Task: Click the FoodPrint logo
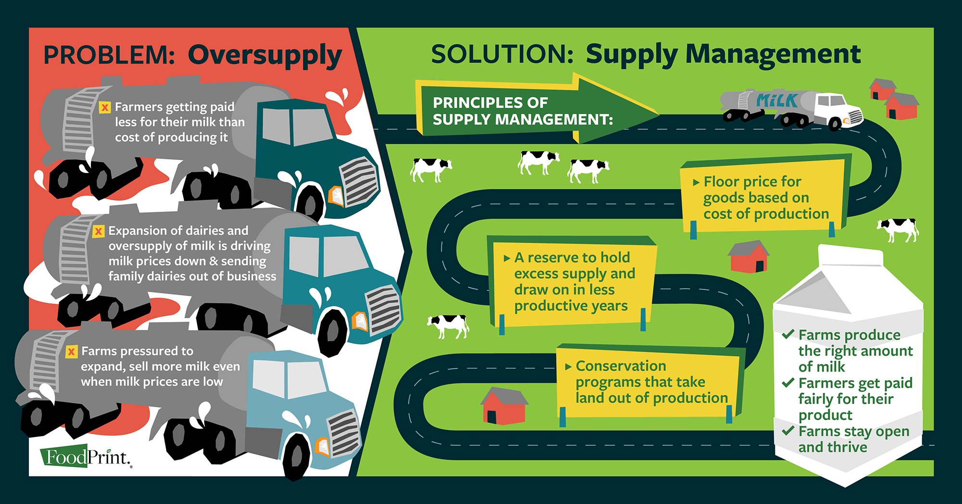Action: pos(86,456)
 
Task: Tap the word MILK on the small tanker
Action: pos(777,101)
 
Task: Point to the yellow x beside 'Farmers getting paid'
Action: pos(105,107)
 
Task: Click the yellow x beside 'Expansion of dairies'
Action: pos(99,232)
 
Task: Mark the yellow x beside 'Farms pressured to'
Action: pos(71,352)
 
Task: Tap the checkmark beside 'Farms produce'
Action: pos(788,334)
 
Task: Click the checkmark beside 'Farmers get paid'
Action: pos(788,383)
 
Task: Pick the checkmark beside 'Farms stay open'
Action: pos(788,430)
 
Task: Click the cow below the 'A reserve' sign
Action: pos(448,326)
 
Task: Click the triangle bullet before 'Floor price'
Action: pos(696,183)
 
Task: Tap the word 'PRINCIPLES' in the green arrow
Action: pos(490,103)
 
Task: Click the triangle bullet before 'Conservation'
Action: pos(568,367)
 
